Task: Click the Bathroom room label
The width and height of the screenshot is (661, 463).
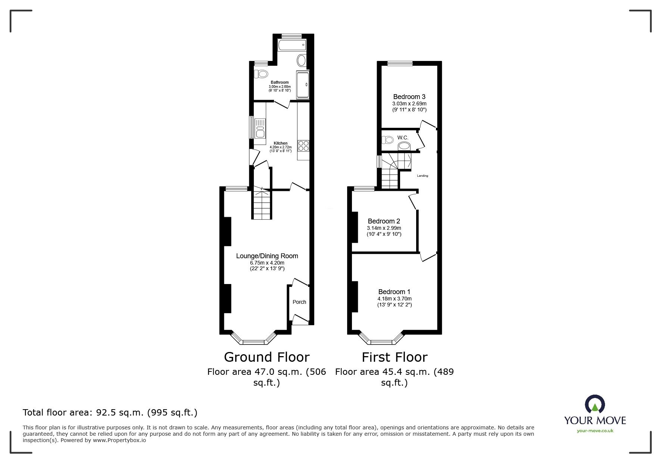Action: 280,82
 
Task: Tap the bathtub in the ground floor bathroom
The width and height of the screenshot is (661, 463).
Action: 292,45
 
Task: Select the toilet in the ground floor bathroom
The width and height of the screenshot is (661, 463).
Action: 261,74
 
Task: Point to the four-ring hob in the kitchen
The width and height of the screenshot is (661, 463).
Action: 303,145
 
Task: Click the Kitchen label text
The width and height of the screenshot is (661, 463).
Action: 281,143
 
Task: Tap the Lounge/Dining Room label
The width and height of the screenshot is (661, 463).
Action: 267,256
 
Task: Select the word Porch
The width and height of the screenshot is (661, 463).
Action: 299,302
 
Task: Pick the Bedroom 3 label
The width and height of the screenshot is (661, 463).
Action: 409,97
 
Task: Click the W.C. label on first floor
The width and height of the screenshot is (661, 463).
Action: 403,138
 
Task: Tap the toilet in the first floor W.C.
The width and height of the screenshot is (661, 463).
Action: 388,140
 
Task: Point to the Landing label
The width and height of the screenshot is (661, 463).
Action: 423,176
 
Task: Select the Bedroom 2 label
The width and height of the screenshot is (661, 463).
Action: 384,221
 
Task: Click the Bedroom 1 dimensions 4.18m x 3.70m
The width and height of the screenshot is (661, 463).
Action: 395,299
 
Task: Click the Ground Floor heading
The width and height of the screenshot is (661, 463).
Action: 267,357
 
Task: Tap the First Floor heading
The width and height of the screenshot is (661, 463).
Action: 395,357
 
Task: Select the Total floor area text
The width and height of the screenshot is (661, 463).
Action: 110,413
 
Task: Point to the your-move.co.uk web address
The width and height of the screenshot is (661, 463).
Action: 595,431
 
